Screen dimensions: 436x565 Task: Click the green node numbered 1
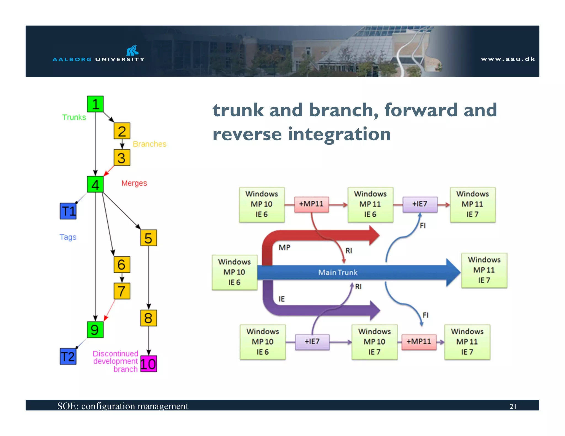click(x=95, y=104)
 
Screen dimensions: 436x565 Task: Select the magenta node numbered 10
click(x=148, y=364)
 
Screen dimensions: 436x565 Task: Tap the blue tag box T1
click(x=68, y=211)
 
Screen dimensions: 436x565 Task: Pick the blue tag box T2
click(x=68, y=357)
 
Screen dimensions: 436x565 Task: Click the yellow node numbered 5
click(x=148, y=238)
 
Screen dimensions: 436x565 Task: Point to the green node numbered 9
click(x=95, y=330)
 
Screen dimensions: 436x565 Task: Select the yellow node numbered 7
click(x=122, y=291)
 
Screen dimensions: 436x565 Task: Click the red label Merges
click(x=134, y=183)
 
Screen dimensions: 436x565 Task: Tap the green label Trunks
click(x=74, y=117)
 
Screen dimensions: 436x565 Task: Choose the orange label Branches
click(x=150, y=144)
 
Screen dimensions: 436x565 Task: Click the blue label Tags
click(x=68, y=237)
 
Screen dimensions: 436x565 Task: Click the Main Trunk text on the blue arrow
click(x=338, y=272)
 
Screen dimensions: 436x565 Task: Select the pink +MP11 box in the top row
click(x=311, y=204)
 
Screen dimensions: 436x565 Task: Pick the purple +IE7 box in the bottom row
click(x=312, y=342)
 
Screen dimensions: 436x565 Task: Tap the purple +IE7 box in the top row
click(x=420, y=204)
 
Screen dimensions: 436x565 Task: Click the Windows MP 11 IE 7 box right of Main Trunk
click(x=484, y=270)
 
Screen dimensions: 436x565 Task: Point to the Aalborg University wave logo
click(x=132, y=51)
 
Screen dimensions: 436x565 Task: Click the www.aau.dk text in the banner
click(x=508, y=59)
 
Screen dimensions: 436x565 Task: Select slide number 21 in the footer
click(x=513, y=406)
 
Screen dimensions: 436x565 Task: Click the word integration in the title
click(x=339, y=134)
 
